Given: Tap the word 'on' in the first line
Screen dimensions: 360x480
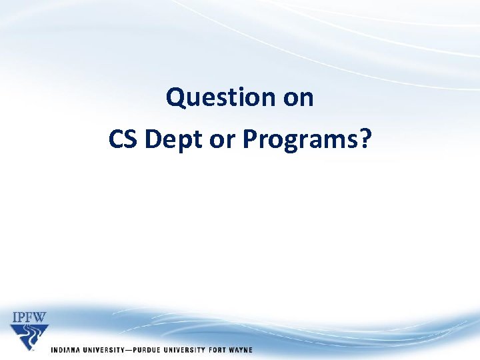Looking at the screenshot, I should coord(298,98).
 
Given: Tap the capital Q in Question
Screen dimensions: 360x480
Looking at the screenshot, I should coord(175,98).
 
